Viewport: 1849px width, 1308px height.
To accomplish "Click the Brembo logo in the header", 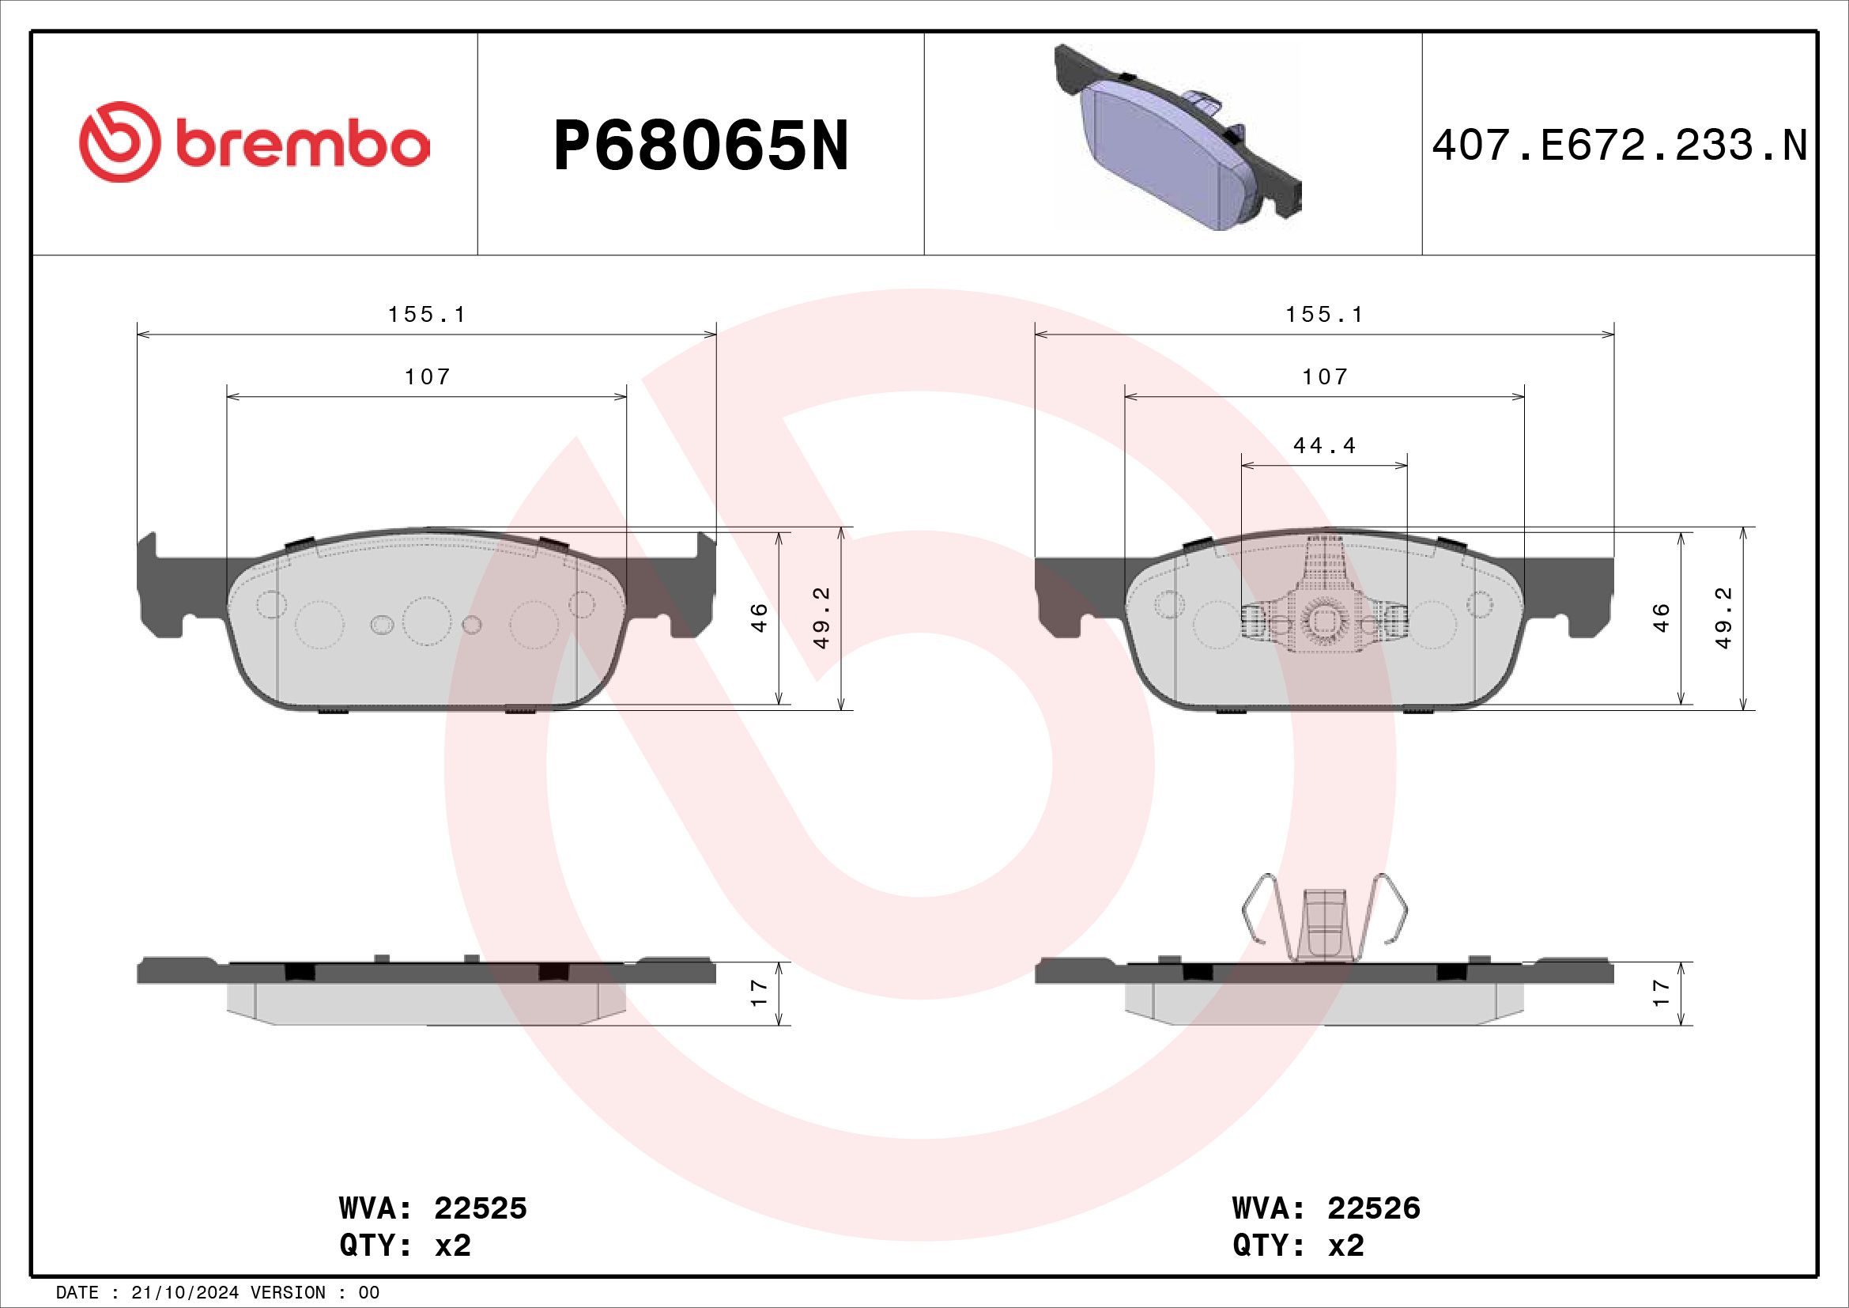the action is [254, 142].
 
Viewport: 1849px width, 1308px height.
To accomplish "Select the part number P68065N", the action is [700, 146].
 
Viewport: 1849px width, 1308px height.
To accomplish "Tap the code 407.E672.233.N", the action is [1620, 146].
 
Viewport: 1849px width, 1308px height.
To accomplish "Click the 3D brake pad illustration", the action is [1177, 138].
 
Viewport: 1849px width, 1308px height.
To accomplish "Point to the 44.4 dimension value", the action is [1325, 444].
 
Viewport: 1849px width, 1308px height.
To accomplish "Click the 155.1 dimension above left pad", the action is [427, 314].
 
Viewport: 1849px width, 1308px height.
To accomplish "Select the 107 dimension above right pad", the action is [1325, 376].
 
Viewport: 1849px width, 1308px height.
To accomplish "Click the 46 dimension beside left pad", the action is [759, 618].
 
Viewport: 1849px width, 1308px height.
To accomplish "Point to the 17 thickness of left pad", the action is [759, 993].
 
